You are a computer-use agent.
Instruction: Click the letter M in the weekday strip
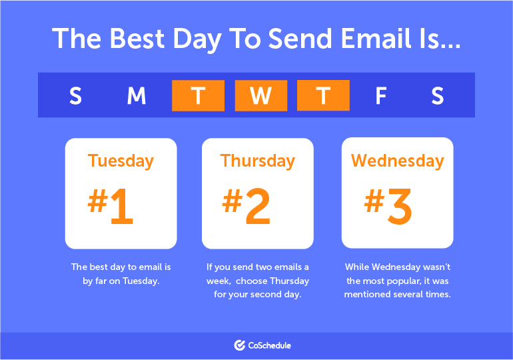coord(137,96)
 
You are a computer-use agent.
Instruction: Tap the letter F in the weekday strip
coord(380,96)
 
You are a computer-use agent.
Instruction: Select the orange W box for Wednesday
coord(260,95)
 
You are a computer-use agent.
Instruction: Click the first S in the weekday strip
coord(75,96)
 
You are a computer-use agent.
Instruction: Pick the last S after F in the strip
coord(437,96)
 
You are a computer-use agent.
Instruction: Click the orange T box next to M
coord(198,95)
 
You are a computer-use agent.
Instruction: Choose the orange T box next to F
coord(323,95)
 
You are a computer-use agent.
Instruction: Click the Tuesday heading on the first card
coord(121,161)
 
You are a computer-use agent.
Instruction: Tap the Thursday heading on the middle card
coord(257,161)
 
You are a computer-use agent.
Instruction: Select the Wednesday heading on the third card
coord(397,161)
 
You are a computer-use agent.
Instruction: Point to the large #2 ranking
coord(247,205)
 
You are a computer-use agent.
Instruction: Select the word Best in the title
coord(139,39)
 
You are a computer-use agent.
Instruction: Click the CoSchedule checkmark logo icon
coord(240,345)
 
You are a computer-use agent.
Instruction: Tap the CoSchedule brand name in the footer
coord(270,345)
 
